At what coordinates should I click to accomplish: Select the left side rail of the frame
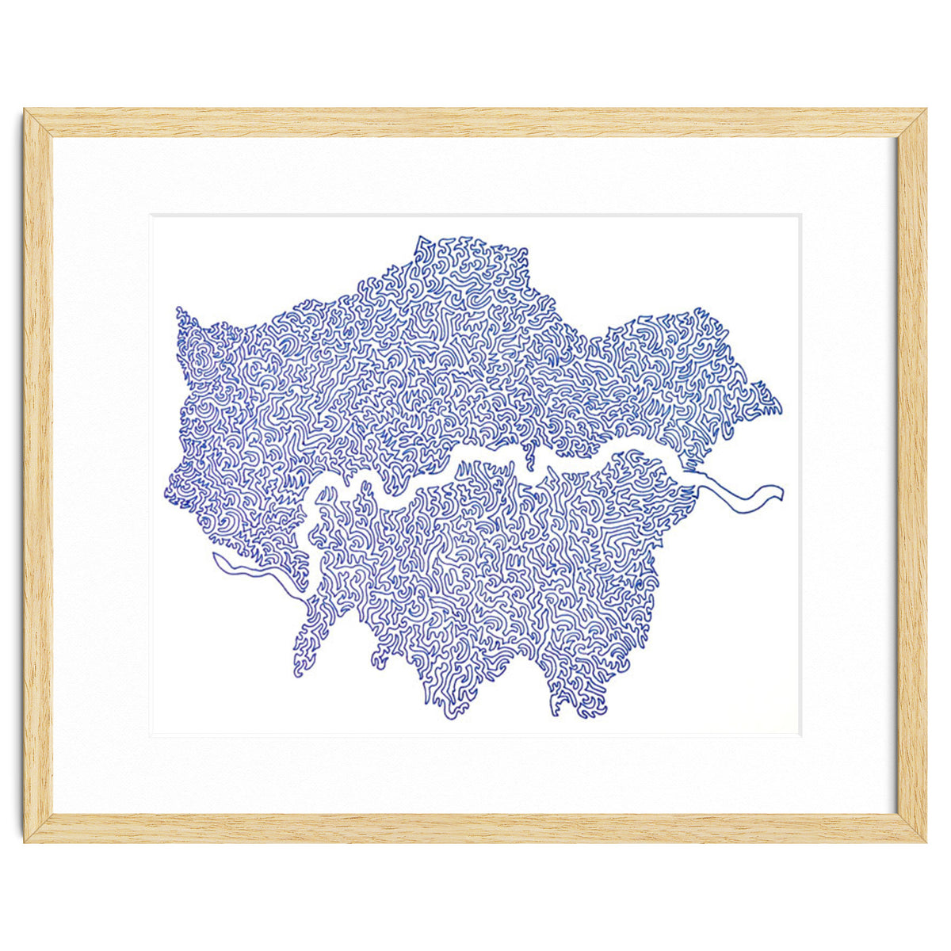[38, 475]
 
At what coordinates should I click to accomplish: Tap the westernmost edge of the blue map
[168, 491]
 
